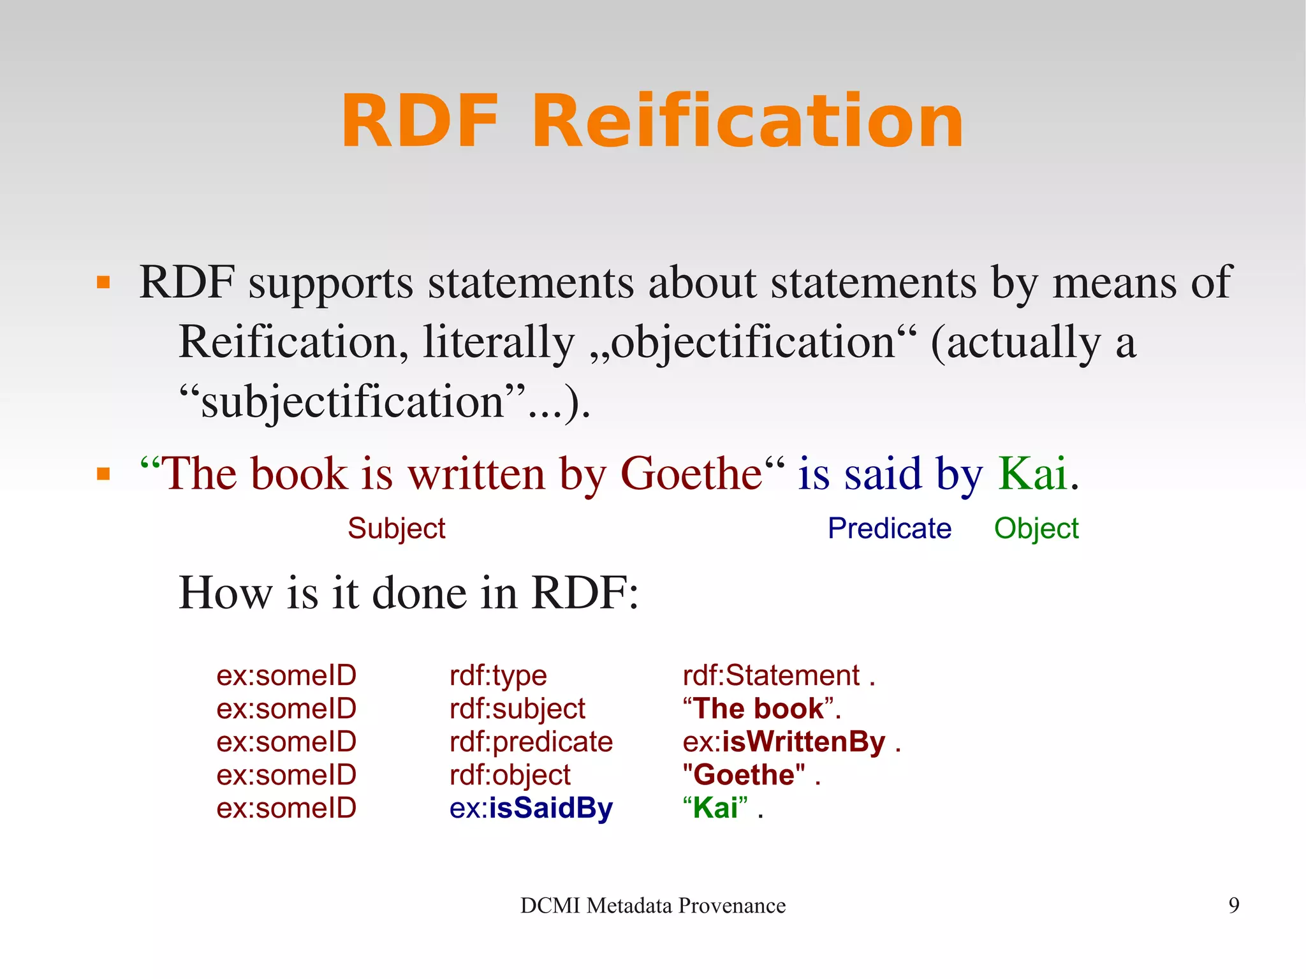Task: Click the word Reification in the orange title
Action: [x=747, y=121]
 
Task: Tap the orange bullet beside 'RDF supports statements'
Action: [x=103, y=282]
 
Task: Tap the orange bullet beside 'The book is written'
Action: [x=103, y=474]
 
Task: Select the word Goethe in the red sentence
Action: [x=692, y=474]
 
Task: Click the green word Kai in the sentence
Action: [x=1032, y=474]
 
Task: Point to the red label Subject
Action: [x=396, y=528]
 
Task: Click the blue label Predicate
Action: [x=889, y=528]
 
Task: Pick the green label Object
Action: [x=1036, y=528]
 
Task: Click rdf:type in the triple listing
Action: [x=498, y=675]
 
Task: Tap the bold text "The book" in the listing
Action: [x=759, y=709]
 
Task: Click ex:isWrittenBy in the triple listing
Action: [x=784, y=742]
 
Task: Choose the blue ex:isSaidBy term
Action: [x=531, y=808]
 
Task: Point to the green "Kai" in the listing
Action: [x=715, y=808]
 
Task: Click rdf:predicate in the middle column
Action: [x=531, y=742]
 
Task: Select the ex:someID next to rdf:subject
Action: [x=286, y=709]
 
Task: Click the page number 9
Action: [x=1233, y=905]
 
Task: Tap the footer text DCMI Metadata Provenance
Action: [x=652, y=905]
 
